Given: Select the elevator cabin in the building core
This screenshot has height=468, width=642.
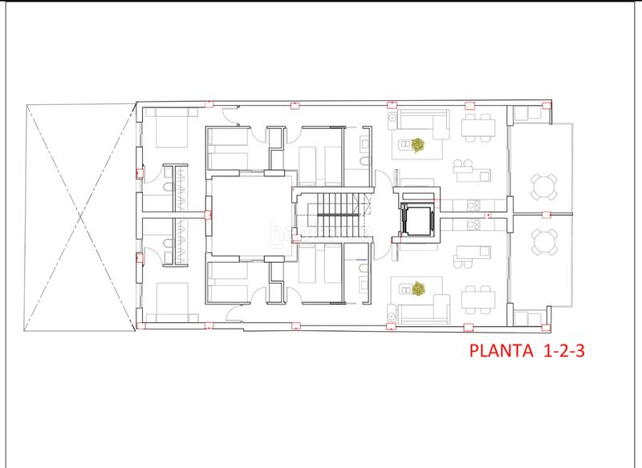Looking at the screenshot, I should coord(416,217).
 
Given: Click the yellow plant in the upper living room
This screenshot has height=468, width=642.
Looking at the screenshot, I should coord(417,146).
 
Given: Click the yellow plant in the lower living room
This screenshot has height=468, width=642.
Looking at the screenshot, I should coord(417,286).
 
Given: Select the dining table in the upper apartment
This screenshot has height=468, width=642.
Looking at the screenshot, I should coord(479,127).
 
